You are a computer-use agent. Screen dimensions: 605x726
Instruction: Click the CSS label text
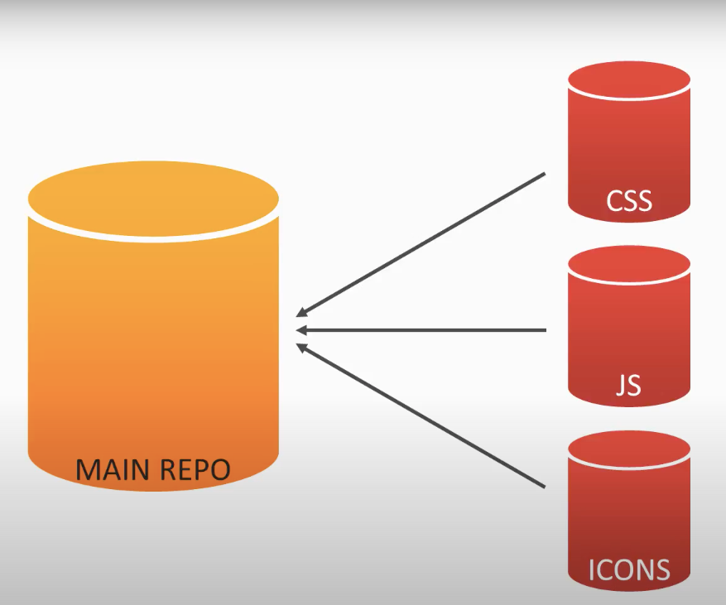pos(629,201)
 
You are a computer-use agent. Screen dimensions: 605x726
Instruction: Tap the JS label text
pos(629,386)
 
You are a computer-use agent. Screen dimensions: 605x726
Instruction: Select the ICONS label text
pos(629,570)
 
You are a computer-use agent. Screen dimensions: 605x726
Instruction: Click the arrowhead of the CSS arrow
pos(301,314)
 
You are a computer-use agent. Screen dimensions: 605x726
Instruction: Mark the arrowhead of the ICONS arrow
pos(301,348)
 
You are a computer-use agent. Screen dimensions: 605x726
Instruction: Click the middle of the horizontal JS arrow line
pos(422,330)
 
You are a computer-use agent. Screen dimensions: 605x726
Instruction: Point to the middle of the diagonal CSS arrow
pos(422,244)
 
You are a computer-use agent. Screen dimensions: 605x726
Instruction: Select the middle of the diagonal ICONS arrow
pos(422,416)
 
